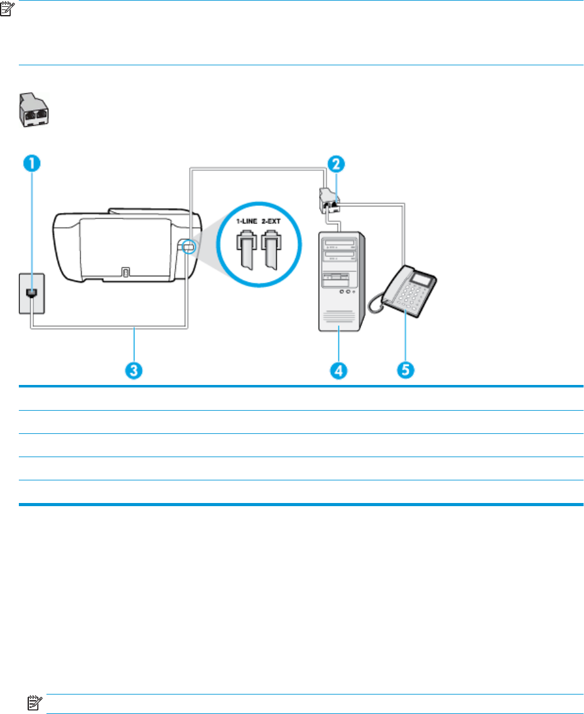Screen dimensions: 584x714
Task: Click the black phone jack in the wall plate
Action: (x=29, y=293)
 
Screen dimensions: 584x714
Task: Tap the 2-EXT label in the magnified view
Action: (x=272, y=222)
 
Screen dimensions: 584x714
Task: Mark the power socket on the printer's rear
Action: (x=125, y=272)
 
